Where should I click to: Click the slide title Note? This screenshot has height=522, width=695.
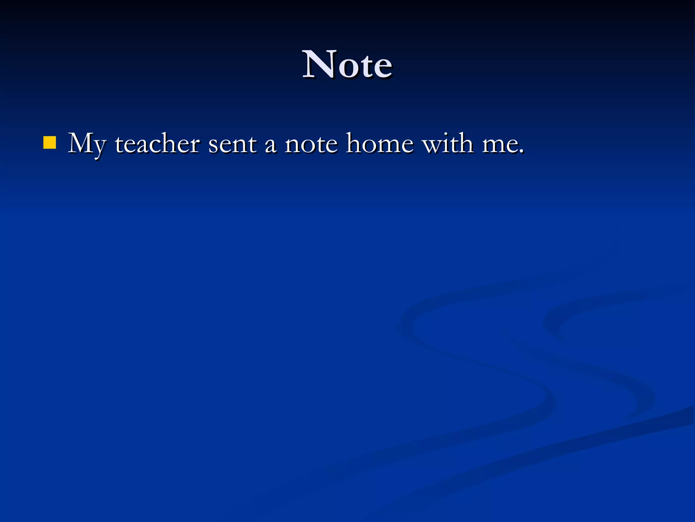(x=347, y=65)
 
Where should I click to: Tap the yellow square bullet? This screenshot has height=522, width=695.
(x=50, y=143)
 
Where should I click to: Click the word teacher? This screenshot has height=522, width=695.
(x=157, y=144)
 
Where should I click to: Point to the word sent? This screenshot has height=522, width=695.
(x=232, y=144)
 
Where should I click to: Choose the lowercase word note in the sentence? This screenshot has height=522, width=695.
(x=311, y=144)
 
